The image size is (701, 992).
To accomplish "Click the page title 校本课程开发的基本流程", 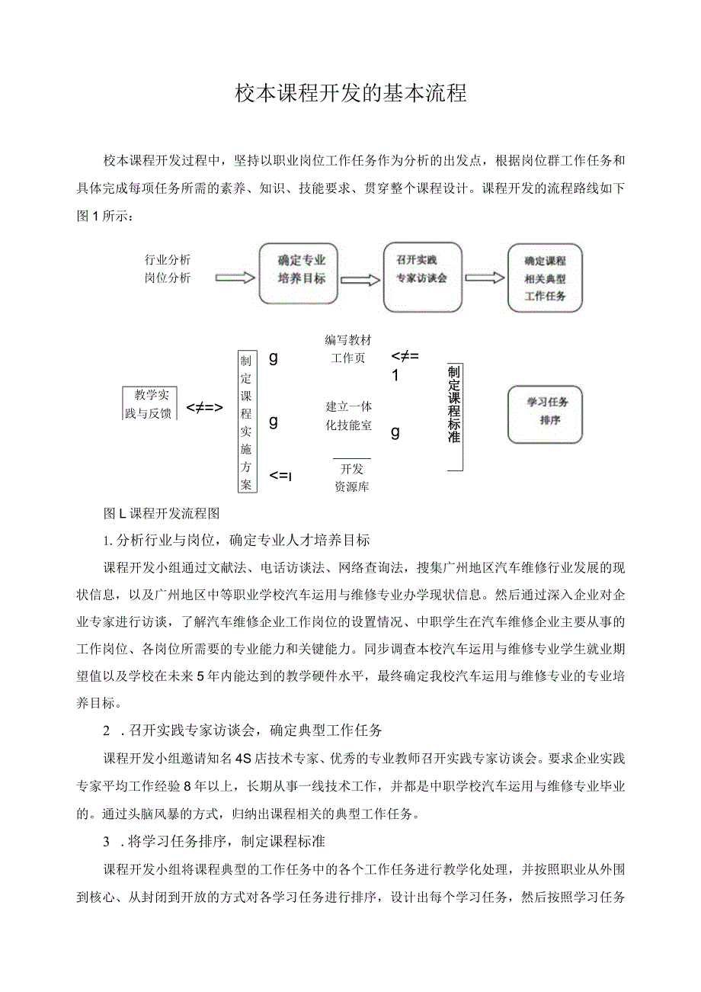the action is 350,94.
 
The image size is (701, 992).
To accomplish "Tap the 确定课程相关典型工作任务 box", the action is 545,278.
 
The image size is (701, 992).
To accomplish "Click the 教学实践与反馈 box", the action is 149,403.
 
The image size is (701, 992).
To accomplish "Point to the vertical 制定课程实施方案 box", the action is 246,422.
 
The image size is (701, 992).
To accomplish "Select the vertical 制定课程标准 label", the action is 454,405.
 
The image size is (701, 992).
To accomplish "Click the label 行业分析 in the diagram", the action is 168,259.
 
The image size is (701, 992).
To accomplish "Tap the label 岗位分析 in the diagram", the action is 168,278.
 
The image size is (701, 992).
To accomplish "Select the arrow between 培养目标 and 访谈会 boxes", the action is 360,280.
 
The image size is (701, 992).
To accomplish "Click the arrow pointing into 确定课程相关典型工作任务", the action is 484,278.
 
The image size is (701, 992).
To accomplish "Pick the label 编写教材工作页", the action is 348,348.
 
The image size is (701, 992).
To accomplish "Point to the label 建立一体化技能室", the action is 348,416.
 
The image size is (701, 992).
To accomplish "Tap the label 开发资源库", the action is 352,478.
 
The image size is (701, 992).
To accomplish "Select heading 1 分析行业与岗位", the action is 236,541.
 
